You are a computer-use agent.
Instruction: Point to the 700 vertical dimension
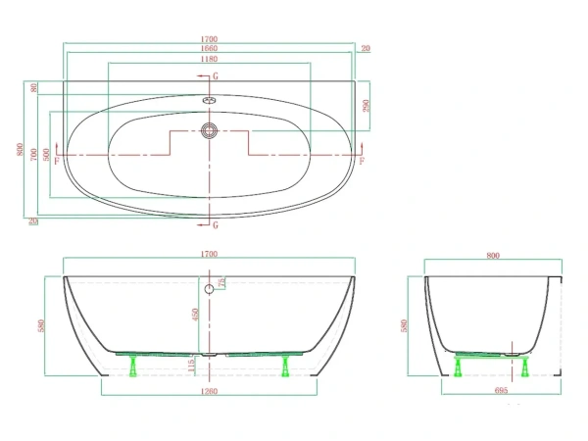[x=33, y=153]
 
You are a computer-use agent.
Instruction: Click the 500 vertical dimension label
[x=46, y=155]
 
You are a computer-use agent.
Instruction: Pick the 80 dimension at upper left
[x=34, y=88]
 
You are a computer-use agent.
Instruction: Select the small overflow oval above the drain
[x=208, y=99]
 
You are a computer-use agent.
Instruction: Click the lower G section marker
[x=216, y=225]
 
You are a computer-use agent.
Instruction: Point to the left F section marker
[x=56, y=159]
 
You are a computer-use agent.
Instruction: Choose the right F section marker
[x=363, y=159]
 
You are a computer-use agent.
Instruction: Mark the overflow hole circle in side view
[x=209, y=289]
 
